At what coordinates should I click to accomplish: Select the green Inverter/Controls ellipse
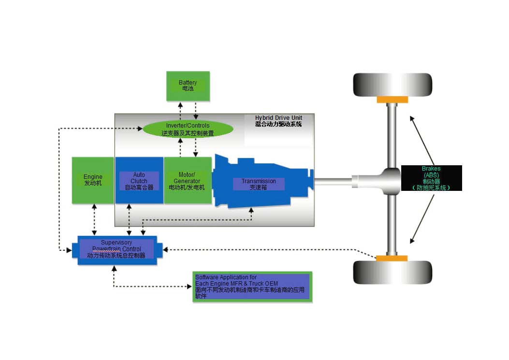(x=188, y=129)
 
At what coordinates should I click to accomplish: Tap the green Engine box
(x=93, y=180)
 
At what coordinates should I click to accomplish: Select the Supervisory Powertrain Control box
(x=117, y=249)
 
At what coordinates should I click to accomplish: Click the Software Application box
(x=252, y=287)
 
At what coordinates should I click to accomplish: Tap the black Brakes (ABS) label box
(x=431, y=178)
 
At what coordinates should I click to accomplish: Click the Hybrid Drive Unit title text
(x=279, y=118)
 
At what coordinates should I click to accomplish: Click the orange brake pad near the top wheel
(x=392, y=100)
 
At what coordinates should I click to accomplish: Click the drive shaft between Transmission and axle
(x=334, y=181)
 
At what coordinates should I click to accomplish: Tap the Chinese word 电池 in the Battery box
(x=188, y=89)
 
